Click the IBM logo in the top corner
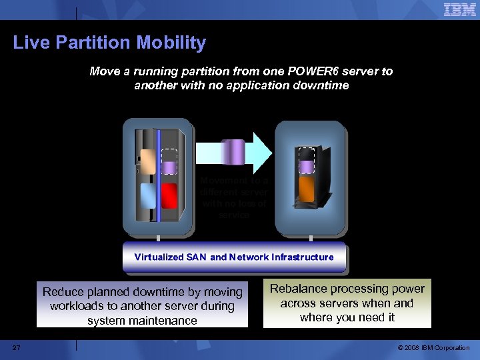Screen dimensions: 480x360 point(459,10)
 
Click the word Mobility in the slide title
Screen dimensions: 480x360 point(171,43)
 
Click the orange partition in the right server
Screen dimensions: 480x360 point(306,189)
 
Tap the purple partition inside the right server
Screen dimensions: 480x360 point(306,166)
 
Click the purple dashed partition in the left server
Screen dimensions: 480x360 point(169,167)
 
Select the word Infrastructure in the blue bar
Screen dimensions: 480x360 point(299,257)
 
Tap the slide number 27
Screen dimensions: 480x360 point(17,347)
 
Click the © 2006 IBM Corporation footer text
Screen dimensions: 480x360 point(433,348)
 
